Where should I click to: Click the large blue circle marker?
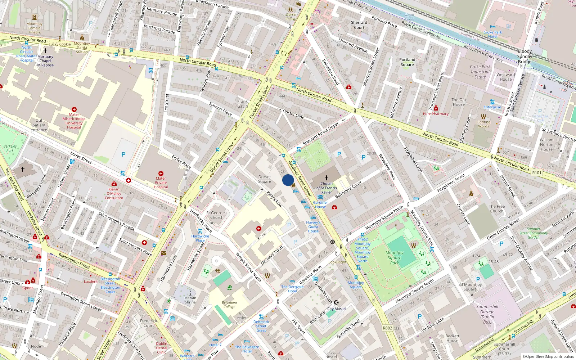[288, 180]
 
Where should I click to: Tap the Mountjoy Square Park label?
[395, 257]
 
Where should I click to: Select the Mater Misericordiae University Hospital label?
[74, 123]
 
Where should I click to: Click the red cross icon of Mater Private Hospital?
[161, 174]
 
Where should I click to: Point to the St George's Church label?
[217, 215]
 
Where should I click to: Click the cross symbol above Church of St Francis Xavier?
[327, 178]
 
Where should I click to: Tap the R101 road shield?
[537, 173]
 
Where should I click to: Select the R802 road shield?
[387, 328]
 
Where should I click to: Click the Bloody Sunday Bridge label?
[525, 57]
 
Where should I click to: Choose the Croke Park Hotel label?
[493, 34]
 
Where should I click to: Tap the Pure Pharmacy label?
[436, 114]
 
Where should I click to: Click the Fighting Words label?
[483, 124]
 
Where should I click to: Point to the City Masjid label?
[337, 309]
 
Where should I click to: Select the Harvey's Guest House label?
[313, 227]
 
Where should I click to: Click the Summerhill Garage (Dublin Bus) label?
[487, 314]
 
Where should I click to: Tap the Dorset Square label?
[265, 179]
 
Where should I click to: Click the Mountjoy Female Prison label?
[35, 28]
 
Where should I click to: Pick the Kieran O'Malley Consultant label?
[114, 193]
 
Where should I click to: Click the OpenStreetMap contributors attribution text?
[548, 356]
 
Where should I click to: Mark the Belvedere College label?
[229, 305]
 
